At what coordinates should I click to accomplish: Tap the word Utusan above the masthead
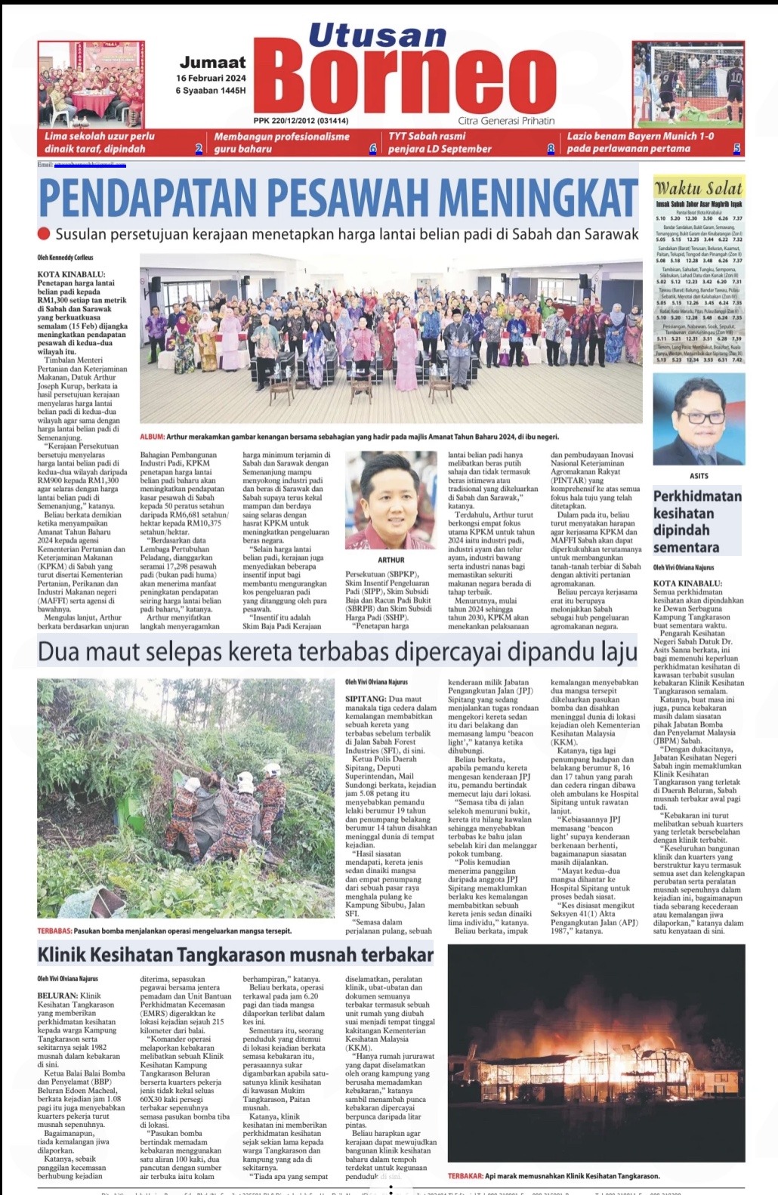[377, 36]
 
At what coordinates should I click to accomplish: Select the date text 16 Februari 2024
[211, 78]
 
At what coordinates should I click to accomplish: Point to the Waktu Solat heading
[698, 188]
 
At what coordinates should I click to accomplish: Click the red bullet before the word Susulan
[44, 234]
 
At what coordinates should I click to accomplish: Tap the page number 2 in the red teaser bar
[199, 149]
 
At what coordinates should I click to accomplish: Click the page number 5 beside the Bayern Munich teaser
[736, 149]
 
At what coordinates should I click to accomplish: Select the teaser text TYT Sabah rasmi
[427, 136]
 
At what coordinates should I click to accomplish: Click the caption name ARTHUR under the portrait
[391, 560]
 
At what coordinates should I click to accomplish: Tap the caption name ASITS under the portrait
[699, 476]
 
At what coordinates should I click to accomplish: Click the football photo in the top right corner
[688, 85]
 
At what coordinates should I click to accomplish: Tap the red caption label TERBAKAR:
[465, 1175]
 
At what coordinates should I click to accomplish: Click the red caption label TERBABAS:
[54, 931]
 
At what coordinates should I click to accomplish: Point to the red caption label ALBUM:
[151, 437]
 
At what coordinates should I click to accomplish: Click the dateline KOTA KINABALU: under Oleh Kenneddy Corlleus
[72, 274]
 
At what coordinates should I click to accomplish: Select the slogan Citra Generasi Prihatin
[505, 121]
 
